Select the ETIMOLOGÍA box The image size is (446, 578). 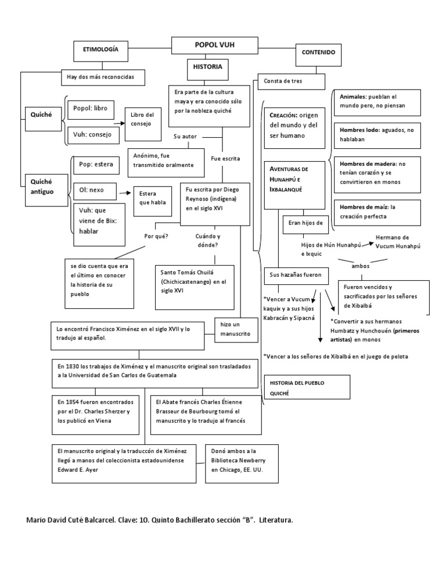pyautogui.click(x=99, y=51)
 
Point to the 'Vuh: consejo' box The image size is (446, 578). pyautogui.click(x=93, y=134)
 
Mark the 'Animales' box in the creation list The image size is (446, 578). pyautogui.click(x=368, y=101)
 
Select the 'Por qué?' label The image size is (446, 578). pyautogui.click(x=156, y=236)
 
